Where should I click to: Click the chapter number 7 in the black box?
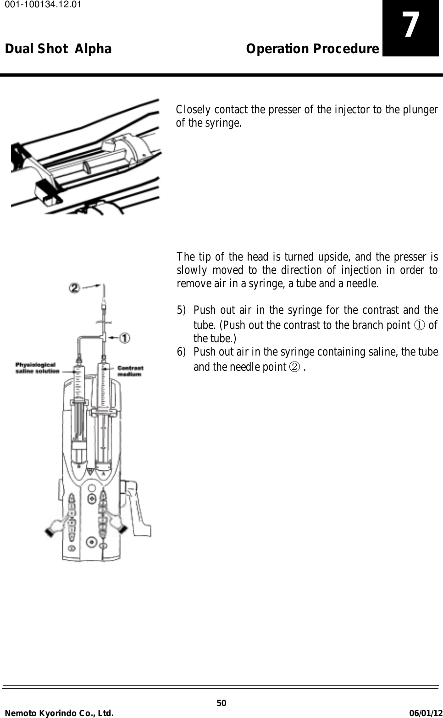click(410, 26)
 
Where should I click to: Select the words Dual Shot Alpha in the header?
click(58, 49)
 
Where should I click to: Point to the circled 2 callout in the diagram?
click(75, 288)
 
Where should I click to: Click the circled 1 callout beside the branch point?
click(124, 338)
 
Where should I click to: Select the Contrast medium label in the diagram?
click(130, 371)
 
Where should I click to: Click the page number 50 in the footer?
click(221, 703)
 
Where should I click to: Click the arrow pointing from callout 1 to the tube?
click(112, 338)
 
